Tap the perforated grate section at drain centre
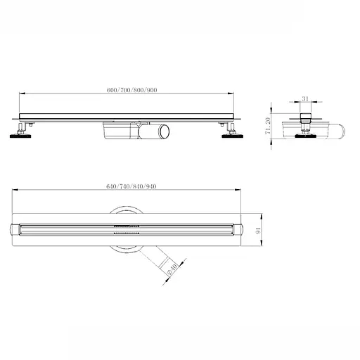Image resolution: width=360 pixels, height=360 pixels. pos(124,228)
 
